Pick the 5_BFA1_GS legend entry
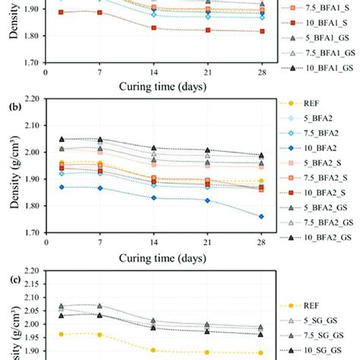click(326, 37)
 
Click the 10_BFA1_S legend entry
click(324, 22)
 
